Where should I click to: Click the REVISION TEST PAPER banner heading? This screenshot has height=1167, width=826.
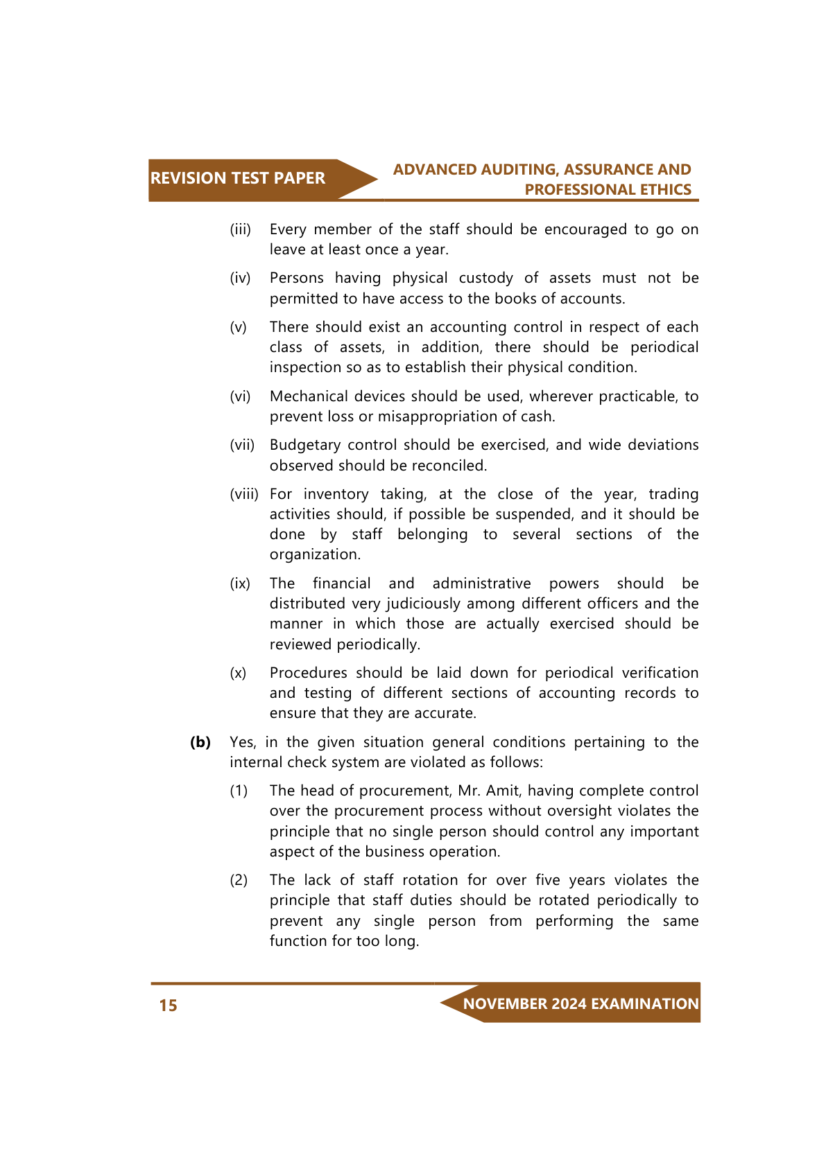237,178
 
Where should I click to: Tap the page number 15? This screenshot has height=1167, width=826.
168,1006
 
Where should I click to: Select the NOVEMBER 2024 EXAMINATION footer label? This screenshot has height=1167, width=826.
580,1003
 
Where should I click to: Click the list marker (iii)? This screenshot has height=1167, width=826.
241,229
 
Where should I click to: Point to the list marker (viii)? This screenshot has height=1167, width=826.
243,494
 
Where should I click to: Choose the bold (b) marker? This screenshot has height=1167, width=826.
200,742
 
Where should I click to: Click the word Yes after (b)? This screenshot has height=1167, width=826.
242,742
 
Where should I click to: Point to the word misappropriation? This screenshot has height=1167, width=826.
455,416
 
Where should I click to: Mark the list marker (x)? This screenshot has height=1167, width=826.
239,673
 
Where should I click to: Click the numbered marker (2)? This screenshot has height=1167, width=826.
239,880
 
